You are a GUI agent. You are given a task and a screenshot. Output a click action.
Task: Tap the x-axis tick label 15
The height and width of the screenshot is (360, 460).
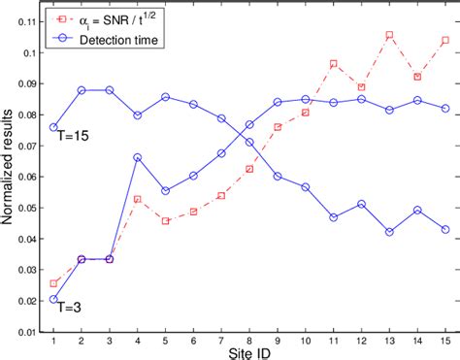tap(445, 340)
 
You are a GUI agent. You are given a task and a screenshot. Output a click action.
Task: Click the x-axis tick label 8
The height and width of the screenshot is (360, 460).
tap(249, 340)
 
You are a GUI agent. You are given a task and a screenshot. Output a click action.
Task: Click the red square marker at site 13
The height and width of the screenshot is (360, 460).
tap(389, 35)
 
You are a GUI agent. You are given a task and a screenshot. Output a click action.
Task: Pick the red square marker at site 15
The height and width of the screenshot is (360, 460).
tap(445, 41)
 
